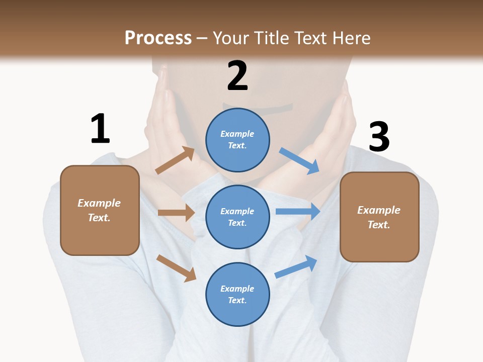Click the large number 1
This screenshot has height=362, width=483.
click(x=100, y=129)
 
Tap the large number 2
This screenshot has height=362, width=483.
click(x=237, y=76)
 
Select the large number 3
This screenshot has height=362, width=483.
click(x=379, y=138)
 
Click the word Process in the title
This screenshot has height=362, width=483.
click(x=158, y=38)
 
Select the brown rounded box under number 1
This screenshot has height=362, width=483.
click(x=100, y=210)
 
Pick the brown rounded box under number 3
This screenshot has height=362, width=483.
click(x=379, y=217)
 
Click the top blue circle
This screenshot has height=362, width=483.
click(x=237, y=139)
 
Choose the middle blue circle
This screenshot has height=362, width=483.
click(x=237, y=217)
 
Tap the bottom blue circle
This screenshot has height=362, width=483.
click(x=237, y=294)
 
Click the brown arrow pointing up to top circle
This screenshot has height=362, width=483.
click(x=175, y=161)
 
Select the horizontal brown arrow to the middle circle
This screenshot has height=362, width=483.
click(x=176, y=213)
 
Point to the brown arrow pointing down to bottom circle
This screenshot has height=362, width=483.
click(x=176, y=267)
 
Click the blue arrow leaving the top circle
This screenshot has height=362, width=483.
click(x=299, y=161)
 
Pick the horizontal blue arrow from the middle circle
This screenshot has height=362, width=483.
click(x=298, y=212)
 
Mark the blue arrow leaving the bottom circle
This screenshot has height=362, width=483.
click(x=296, y=267)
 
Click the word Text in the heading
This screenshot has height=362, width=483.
click(x=309, y=38)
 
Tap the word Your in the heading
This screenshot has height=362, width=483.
click(x=230, y=38)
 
